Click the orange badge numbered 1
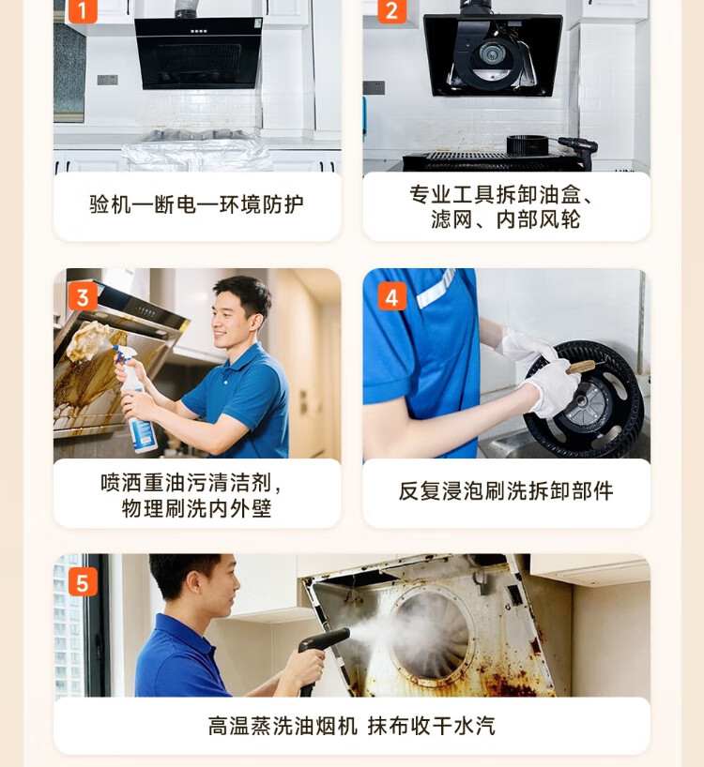83,10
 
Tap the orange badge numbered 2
391,10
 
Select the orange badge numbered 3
83,296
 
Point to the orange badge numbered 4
391,296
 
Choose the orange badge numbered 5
83,582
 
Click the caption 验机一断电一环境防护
196,204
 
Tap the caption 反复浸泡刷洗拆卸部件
506,491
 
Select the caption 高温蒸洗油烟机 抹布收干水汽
351,726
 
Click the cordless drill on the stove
578,151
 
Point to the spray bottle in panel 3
137,401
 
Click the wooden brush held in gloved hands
581,367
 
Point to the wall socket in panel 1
107,80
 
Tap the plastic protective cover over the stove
197,151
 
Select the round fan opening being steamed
432,635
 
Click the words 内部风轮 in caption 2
539,219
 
